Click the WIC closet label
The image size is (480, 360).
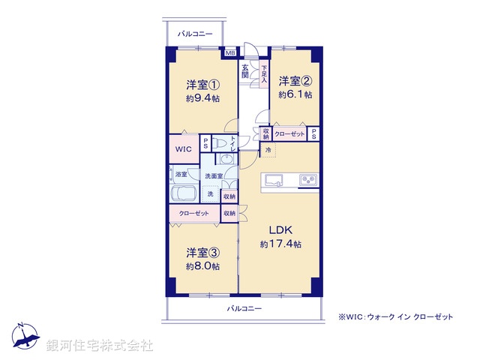184,149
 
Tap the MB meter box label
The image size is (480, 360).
229,52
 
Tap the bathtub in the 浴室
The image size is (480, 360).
184,193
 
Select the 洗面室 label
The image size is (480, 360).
214,176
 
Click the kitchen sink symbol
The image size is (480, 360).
273,180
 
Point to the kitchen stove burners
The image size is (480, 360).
308,180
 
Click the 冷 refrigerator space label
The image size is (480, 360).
268,150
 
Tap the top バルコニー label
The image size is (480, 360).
195,34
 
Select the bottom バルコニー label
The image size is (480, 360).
244,308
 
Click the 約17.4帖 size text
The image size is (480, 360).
281,244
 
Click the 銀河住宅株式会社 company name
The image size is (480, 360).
100,346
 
